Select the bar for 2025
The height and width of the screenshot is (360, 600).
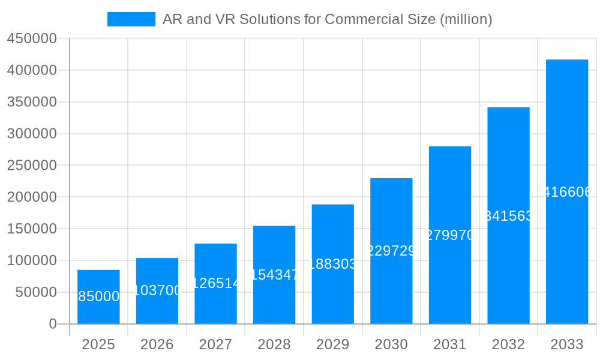[x=98, y=297]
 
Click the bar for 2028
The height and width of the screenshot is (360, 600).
[x=274, y=275]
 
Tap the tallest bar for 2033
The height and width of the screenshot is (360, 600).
[x=567, y=192]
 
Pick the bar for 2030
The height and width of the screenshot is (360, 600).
[x=391, y=251]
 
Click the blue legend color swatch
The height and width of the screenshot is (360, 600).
[x=131, y=19]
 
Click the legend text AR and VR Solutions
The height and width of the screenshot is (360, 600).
[x=327, y=19]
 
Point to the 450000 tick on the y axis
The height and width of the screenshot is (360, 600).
[x=32, y=39]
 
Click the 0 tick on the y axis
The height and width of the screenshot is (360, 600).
[x=53, y=324]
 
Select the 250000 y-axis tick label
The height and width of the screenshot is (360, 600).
[x=32, y=166]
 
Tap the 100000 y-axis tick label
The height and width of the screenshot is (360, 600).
[x=32, y=260]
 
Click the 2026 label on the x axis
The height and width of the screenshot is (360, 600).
[x=157, y=344]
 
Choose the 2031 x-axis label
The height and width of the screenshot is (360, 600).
[x=450, y=344]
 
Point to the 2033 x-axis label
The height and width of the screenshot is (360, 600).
[x=567, y=344]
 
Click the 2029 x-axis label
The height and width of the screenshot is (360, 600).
[x=333, y=344]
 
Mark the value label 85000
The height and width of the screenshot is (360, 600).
[x=98, y=296]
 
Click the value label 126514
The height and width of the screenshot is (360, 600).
[x=215, y=283]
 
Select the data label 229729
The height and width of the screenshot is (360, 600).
[x=391, y=251]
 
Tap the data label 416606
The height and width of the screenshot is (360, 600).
[x=567, y=192]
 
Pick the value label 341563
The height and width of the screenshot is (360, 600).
[x=508, y=216]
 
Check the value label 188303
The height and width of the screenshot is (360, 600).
[x=333, y=264]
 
